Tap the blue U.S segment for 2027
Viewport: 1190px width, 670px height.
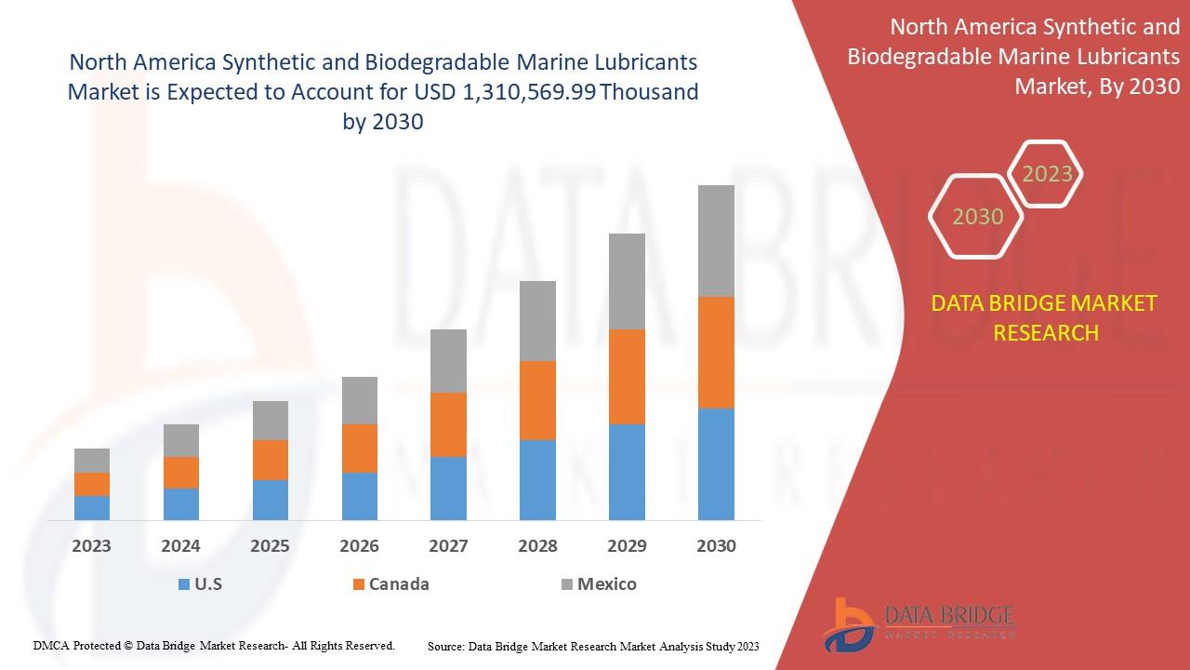[x=448, y=488]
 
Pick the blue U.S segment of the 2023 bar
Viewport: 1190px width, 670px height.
[x=92, y=507]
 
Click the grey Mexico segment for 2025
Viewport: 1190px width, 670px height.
[x=271, y=421]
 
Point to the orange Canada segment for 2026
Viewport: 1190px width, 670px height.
[x=360, y=448]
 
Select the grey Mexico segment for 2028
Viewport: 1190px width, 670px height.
[x=537, y=320]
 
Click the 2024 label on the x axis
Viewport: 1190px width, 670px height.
[x=180, y=546]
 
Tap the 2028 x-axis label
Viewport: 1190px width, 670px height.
[x=537, y=546]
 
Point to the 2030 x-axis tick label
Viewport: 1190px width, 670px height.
[x=716, y=546]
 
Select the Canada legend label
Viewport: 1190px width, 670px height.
[x=399, y=584]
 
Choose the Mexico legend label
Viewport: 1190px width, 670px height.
[x=606, y=584]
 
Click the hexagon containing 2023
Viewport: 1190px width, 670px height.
[x=1047, y=174]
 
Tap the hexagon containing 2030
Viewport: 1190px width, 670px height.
[x=978, y=217]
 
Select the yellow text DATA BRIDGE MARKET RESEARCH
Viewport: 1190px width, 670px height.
[x=1046, y=317]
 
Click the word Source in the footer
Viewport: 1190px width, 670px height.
[x=446, y=646]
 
